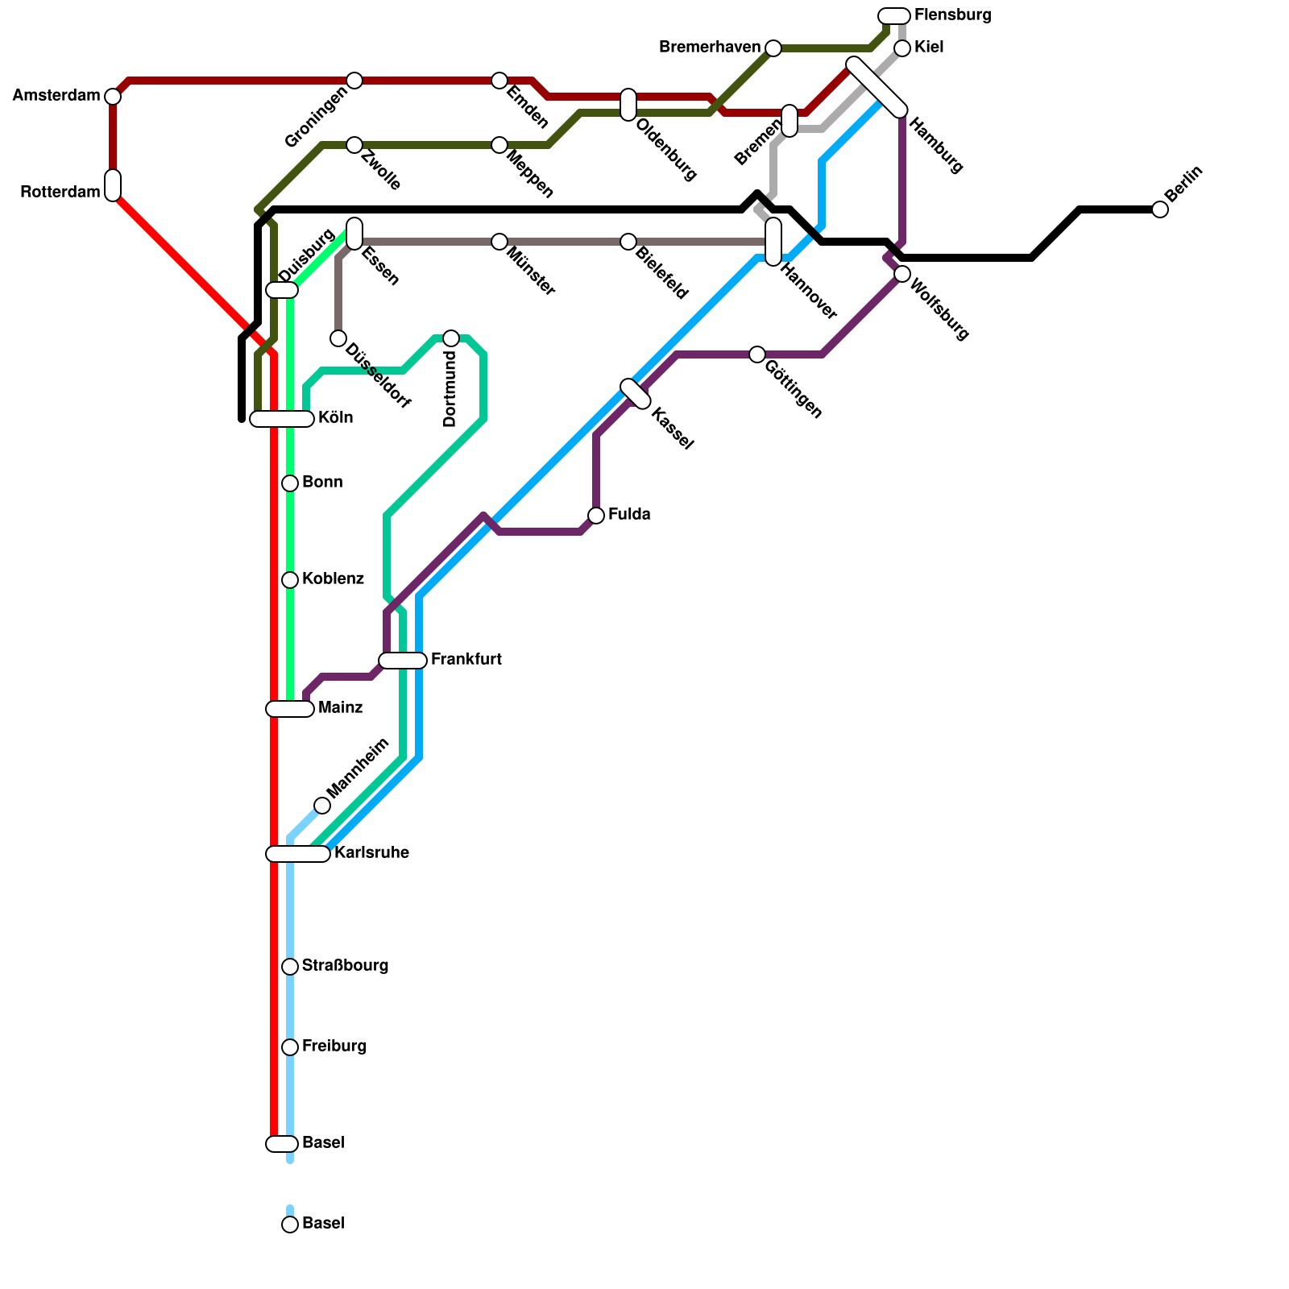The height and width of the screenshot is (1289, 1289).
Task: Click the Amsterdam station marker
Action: [x=113, y=97]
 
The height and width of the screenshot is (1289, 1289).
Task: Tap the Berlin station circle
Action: [x=1160, y=209]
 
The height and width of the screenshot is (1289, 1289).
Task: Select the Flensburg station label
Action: [x=952, y=15]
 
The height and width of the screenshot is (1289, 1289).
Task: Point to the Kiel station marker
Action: [x=902, y=48]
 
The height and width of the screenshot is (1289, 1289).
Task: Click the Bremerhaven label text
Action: [x=709, y=48]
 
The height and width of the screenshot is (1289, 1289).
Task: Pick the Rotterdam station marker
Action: [x=113, y=185]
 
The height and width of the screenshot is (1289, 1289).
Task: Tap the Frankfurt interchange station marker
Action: [x=403, y=661]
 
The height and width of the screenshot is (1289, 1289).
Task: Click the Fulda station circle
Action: [x=596, y=516]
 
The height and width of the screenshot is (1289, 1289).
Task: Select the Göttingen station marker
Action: [x=757, y=354]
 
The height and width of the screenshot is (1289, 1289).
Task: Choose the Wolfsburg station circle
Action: [x=902, y=274]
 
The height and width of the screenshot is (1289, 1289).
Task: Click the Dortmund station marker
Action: [x=451, y=338]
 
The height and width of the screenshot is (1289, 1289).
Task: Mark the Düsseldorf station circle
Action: [x=338, y=338]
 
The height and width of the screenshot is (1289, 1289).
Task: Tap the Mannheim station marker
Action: [x=322, y=806]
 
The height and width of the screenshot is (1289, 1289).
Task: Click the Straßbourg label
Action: [x=345, y=966]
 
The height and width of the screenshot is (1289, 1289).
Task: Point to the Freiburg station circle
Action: [x=290, y=1047]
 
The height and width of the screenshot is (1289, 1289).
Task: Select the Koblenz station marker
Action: [x=290, y=580]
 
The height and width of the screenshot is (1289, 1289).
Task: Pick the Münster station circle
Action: [x=499, y=242]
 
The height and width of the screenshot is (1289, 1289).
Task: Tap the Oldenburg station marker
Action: [x=628, y=105]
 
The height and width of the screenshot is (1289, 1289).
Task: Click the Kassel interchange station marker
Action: [x=636, y=394]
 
